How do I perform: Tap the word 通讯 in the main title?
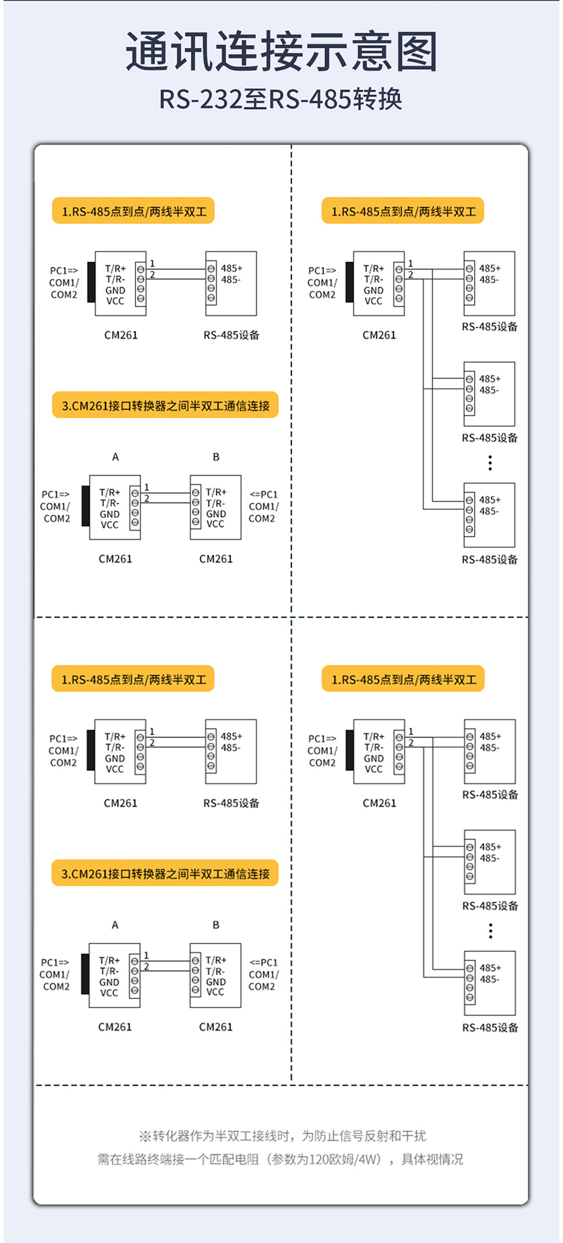[x=171, y=52]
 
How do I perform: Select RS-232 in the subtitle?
[x=201, y=99]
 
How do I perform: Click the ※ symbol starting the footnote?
[x=145, y=1136]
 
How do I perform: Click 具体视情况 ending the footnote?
[x=432, y=1159]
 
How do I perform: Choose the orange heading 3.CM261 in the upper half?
[x=165, y=405]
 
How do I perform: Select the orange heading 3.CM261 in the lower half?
[x=165, y=873]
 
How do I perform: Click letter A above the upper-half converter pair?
[x=115, y=457]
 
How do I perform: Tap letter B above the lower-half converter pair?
[x=216, y=925]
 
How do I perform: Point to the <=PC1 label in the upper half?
[x=264, y=494]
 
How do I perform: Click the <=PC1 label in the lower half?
[x=264, y=962]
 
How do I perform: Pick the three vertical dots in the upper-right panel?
[x=491, y=462]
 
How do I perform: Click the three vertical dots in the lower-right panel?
[x=491, y=931]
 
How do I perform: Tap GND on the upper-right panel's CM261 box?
[x=374, y=290]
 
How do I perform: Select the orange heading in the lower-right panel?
[x=403, y=679]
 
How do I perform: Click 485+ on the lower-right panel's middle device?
[x=491, y=847]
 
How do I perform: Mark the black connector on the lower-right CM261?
[x=350, y=750]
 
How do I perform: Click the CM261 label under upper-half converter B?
[x=216, y=559]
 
